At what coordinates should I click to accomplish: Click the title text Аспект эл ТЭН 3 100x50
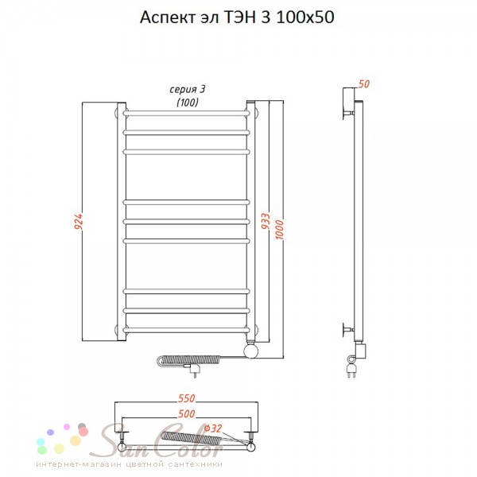click(237, 17)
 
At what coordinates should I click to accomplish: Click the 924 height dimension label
click(79, 222)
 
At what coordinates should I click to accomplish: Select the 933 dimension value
click(266, 221)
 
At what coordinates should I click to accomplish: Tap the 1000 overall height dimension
click(279, 229)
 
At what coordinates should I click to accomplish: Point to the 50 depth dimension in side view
click(364, 84)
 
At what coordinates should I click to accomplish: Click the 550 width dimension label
click(186, 398)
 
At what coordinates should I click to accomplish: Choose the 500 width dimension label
click(186, 413)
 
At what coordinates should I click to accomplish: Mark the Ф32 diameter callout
click(213, 429)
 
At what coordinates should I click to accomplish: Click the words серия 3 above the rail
click(187, 89)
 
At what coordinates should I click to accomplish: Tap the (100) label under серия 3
click(188, 103)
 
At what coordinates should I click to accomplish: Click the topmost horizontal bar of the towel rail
click(186, 114)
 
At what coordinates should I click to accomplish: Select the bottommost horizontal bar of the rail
click(186, 330)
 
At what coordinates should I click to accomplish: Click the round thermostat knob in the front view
click(251, 351)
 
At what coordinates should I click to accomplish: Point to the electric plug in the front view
click(195, 370)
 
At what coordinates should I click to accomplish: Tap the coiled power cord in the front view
click(188, 360)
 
